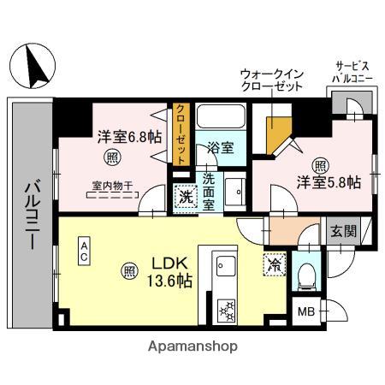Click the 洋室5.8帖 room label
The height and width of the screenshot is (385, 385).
click(x=329, y=181)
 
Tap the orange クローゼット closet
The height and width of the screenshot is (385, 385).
click(x=181, y=133)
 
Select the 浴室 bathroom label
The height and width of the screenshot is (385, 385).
click(x=221, y=148)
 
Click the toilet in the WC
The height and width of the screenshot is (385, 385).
click(x=305, y=274)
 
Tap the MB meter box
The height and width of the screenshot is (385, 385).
click(x=305, y=311)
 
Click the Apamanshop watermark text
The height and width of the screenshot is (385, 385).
click(x=192, y=346)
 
